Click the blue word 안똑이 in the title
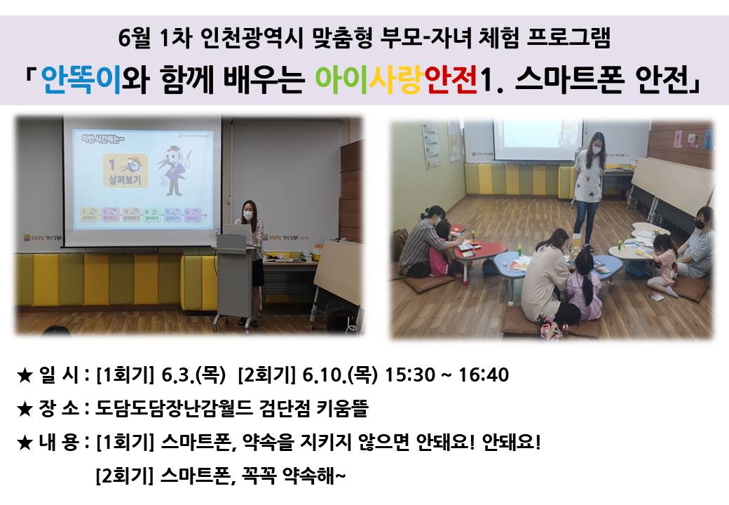[x=81, y=79]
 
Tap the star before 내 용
[x=24, y=443]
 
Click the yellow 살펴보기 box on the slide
[x=125, y=170]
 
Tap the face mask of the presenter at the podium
[x=248, y=216]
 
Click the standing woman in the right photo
[x=589, y=189]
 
